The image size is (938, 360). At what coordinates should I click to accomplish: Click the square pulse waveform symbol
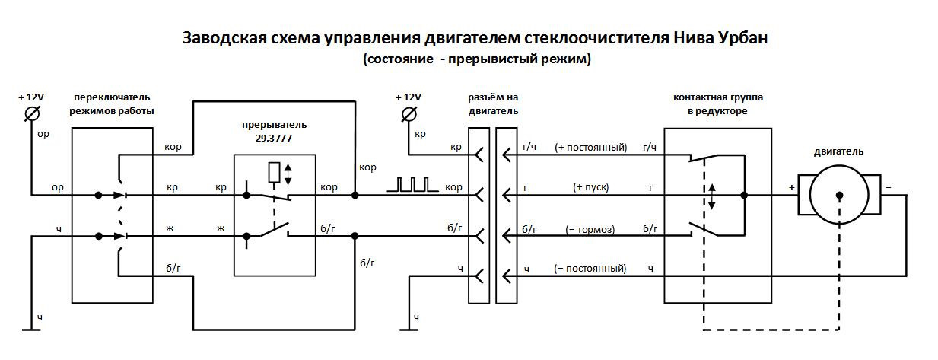(412, 185)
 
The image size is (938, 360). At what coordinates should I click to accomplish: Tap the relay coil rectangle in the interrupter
(275, 173)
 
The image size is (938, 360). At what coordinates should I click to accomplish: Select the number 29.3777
(273, 139)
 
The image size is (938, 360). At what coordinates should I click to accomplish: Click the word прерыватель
(275, 125)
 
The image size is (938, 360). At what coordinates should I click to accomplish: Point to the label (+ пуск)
(591, 187)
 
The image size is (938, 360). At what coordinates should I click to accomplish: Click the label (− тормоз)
(590, 230)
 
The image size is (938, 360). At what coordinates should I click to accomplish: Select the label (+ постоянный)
(591, 148)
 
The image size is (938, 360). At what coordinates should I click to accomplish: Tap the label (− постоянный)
(590, 268)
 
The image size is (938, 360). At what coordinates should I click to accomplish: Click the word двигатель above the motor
(839, 151)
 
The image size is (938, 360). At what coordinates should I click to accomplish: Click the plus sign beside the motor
(791, 188)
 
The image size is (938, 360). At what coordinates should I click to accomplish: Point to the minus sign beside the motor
(888, 187)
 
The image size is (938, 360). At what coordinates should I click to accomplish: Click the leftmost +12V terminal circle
(32, 113)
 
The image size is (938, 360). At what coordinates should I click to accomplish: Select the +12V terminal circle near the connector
(409, 114)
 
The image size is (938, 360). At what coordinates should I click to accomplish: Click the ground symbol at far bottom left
(31, 330)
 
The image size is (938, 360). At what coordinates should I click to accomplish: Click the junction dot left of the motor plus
(744, 195)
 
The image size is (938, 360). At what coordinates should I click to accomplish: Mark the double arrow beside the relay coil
(288, 174)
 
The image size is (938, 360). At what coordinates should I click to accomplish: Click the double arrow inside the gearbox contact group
(712, 196)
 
